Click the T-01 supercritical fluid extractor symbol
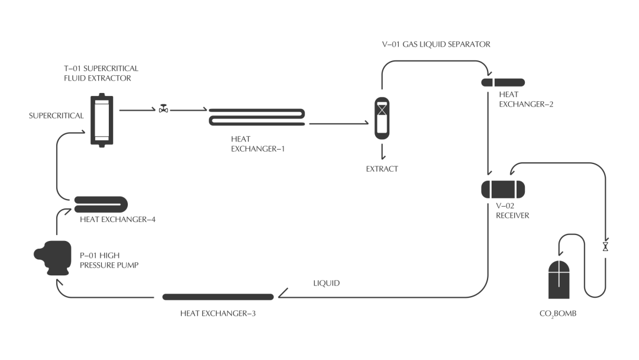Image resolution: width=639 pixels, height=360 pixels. coord(102,120)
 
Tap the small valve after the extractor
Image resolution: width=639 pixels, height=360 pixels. coord(163,110)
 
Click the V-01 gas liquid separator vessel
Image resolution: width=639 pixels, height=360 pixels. coord(383,118)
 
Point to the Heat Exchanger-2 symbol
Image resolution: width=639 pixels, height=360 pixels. coord(503,82)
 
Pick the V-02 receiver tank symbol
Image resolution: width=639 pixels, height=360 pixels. coord(503,189)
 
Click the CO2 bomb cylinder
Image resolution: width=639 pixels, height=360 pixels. coord(561,281)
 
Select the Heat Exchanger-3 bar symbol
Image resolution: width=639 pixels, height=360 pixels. coord(218,296)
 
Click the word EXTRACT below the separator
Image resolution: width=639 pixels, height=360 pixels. coord(382,169)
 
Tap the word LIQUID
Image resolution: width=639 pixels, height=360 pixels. coord(327,284)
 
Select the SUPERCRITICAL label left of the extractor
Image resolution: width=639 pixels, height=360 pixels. coord(56,116)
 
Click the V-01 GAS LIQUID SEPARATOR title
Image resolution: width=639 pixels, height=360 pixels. coord(436,44)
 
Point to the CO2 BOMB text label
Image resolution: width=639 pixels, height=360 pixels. coord(557,313)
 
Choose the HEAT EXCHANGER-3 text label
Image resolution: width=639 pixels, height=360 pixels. coord(218,313)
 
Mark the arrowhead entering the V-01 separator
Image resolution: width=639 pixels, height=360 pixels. coord(366,124)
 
